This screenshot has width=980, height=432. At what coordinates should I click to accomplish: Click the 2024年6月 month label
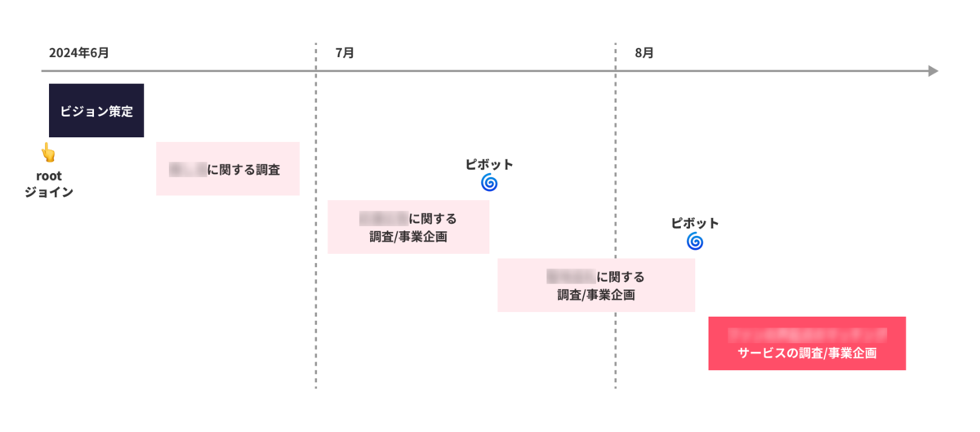(x=79, y=53)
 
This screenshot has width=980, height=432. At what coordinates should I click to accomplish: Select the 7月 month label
(x=345, y=53)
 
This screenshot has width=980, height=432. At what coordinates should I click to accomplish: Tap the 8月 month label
(x=644, y=53)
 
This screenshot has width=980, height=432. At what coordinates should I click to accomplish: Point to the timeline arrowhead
(x=933, y=71)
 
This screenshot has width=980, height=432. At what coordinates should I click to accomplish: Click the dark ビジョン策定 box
(x=96, y=110)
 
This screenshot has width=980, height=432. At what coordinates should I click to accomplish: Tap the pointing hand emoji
(x=48, y=153)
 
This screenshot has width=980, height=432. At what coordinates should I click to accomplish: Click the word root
(x=49, y=176)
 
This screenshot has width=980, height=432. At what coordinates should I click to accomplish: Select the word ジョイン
(x=49, y=193)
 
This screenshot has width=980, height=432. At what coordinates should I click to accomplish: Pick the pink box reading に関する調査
(x=228, y=169)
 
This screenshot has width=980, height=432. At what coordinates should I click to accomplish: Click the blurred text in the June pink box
(x=187, y=170)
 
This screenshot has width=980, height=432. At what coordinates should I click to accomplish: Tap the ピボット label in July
(x=489, y=164)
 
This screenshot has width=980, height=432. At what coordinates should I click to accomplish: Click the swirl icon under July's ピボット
(x=489, y=183)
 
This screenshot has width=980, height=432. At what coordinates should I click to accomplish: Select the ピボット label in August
(x=695, y=223)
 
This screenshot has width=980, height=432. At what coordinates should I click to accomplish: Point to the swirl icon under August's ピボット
(x=695, y=242)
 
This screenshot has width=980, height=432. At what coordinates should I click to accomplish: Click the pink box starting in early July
(x=408, y=227)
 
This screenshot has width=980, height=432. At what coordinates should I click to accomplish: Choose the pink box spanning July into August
(x=596, y=285)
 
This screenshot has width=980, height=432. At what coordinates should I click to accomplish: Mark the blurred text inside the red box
(x=807, y=334)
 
